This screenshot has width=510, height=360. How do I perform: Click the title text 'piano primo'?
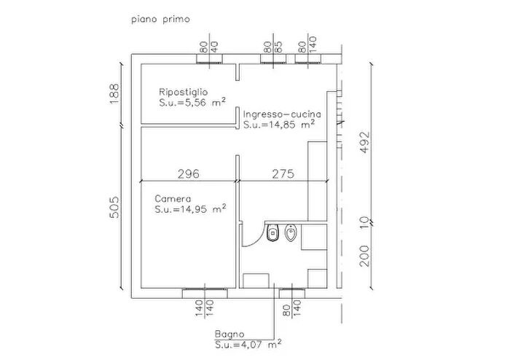point(160,20)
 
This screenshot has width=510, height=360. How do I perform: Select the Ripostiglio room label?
point(183,92)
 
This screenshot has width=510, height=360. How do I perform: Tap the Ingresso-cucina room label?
point(283,114)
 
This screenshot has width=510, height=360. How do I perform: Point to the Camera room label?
point(173,199)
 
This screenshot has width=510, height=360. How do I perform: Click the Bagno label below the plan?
point(229,334)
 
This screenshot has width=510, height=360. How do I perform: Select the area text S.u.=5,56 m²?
point(192,102)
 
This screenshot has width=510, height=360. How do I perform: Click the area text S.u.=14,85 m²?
point(279,124)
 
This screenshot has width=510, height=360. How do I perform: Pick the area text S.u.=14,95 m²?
point(190,208)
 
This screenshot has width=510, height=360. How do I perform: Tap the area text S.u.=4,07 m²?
point(248,344)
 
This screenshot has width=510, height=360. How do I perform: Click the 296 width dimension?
point(188,174)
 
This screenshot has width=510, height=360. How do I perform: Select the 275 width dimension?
point(283,174)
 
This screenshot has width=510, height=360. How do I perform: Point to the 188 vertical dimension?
point(114,94)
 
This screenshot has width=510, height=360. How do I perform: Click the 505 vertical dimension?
point(114,207)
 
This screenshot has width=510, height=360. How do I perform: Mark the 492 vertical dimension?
point(365,142)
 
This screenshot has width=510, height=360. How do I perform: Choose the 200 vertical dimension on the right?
point(365,256)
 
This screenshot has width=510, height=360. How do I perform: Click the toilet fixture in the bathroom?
point(273,233)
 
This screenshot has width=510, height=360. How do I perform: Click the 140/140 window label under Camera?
point(205,308)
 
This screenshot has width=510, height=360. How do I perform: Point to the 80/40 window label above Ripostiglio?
point(209,47)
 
